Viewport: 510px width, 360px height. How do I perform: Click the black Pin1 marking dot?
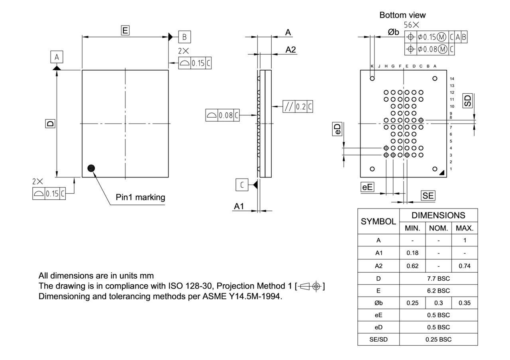(x=91, y=168)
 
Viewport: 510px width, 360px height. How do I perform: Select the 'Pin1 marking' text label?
(x=140, y=197)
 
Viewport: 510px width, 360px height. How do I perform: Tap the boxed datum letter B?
(x=184, y=37)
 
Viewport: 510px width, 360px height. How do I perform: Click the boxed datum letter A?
(x=57, y=57)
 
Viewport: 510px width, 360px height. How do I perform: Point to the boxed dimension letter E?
(x=125, y=30)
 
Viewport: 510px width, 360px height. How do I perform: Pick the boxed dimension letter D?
(x=50, y=124)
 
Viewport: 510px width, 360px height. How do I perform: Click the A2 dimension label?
(x=291, y=50)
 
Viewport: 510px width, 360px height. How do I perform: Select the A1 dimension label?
(x=239, y=207)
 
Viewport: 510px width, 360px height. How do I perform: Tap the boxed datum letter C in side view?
(x=242, y=185)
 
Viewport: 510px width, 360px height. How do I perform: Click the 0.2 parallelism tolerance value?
(x=301, y=107)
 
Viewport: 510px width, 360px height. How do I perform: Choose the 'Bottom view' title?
(x=402, y=15)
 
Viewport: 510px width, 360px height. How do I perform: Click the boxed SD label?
(x=468, y=100)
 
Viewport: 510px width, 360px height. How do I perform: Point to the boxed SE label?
(x=428, y=195)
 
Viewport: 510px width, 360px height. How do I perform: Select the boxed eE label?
(x=367, y=187)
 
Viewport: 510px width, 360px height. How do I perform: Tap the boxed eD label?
(x=337, y=129)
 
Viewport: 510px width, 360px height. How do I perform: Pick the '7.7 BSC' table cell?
(x=438, y=278)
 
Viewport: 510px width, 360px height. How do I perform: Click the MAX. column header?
(x=465, y=228)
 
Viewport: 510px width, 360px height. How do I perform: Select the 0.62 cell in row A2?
(x=412, y=266)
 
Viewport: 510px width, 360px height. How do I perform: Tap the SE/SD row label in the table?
(x=378, y=339)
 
